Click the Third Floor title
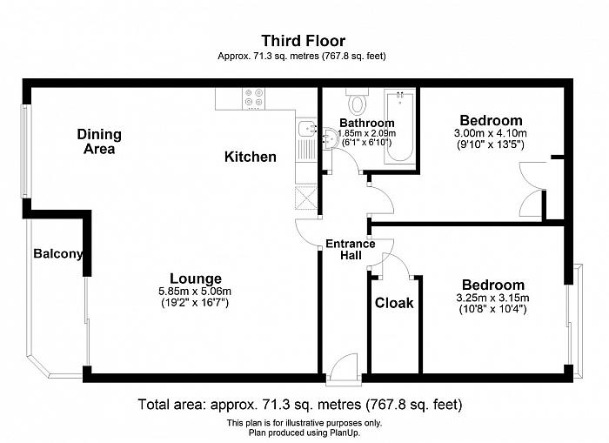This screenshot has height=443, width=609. coord(303,40)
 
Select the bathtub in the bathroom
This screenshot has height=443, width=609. coord(399,126)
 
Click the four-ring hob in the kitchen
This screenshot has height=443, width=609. coord(254,97)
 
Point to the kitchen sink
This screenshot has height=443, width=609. coord(308,129)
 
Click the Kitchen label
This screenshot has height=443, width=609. coord(251,157)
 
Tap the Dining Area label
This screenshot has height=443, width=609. coord(99,142)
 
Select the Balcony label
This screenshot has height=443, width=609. coord(58,254)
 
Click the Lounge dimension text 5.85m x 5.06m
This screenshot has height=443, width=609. coord(195,291)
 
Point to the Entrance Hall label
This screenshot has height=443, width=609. coord(351,250)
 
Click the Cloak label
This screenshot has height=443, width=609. coord(394,303)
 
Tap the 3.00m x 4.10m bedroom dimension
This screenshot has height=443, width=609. coord(491,133)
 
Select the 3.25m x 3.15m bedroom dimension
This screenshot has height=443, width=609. coord(492,298)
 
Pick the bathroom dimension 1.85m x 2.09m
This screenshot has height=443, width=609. coord(367,133)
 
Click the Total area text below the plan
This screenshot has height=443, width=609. coord(300,405)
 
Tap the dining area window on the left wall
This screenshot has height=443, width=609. coord(25,151)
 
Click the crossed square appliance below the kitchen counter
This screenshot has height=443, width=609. coord(306,198)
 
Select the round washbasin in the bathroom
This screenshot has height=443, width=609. coord(330,138)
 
